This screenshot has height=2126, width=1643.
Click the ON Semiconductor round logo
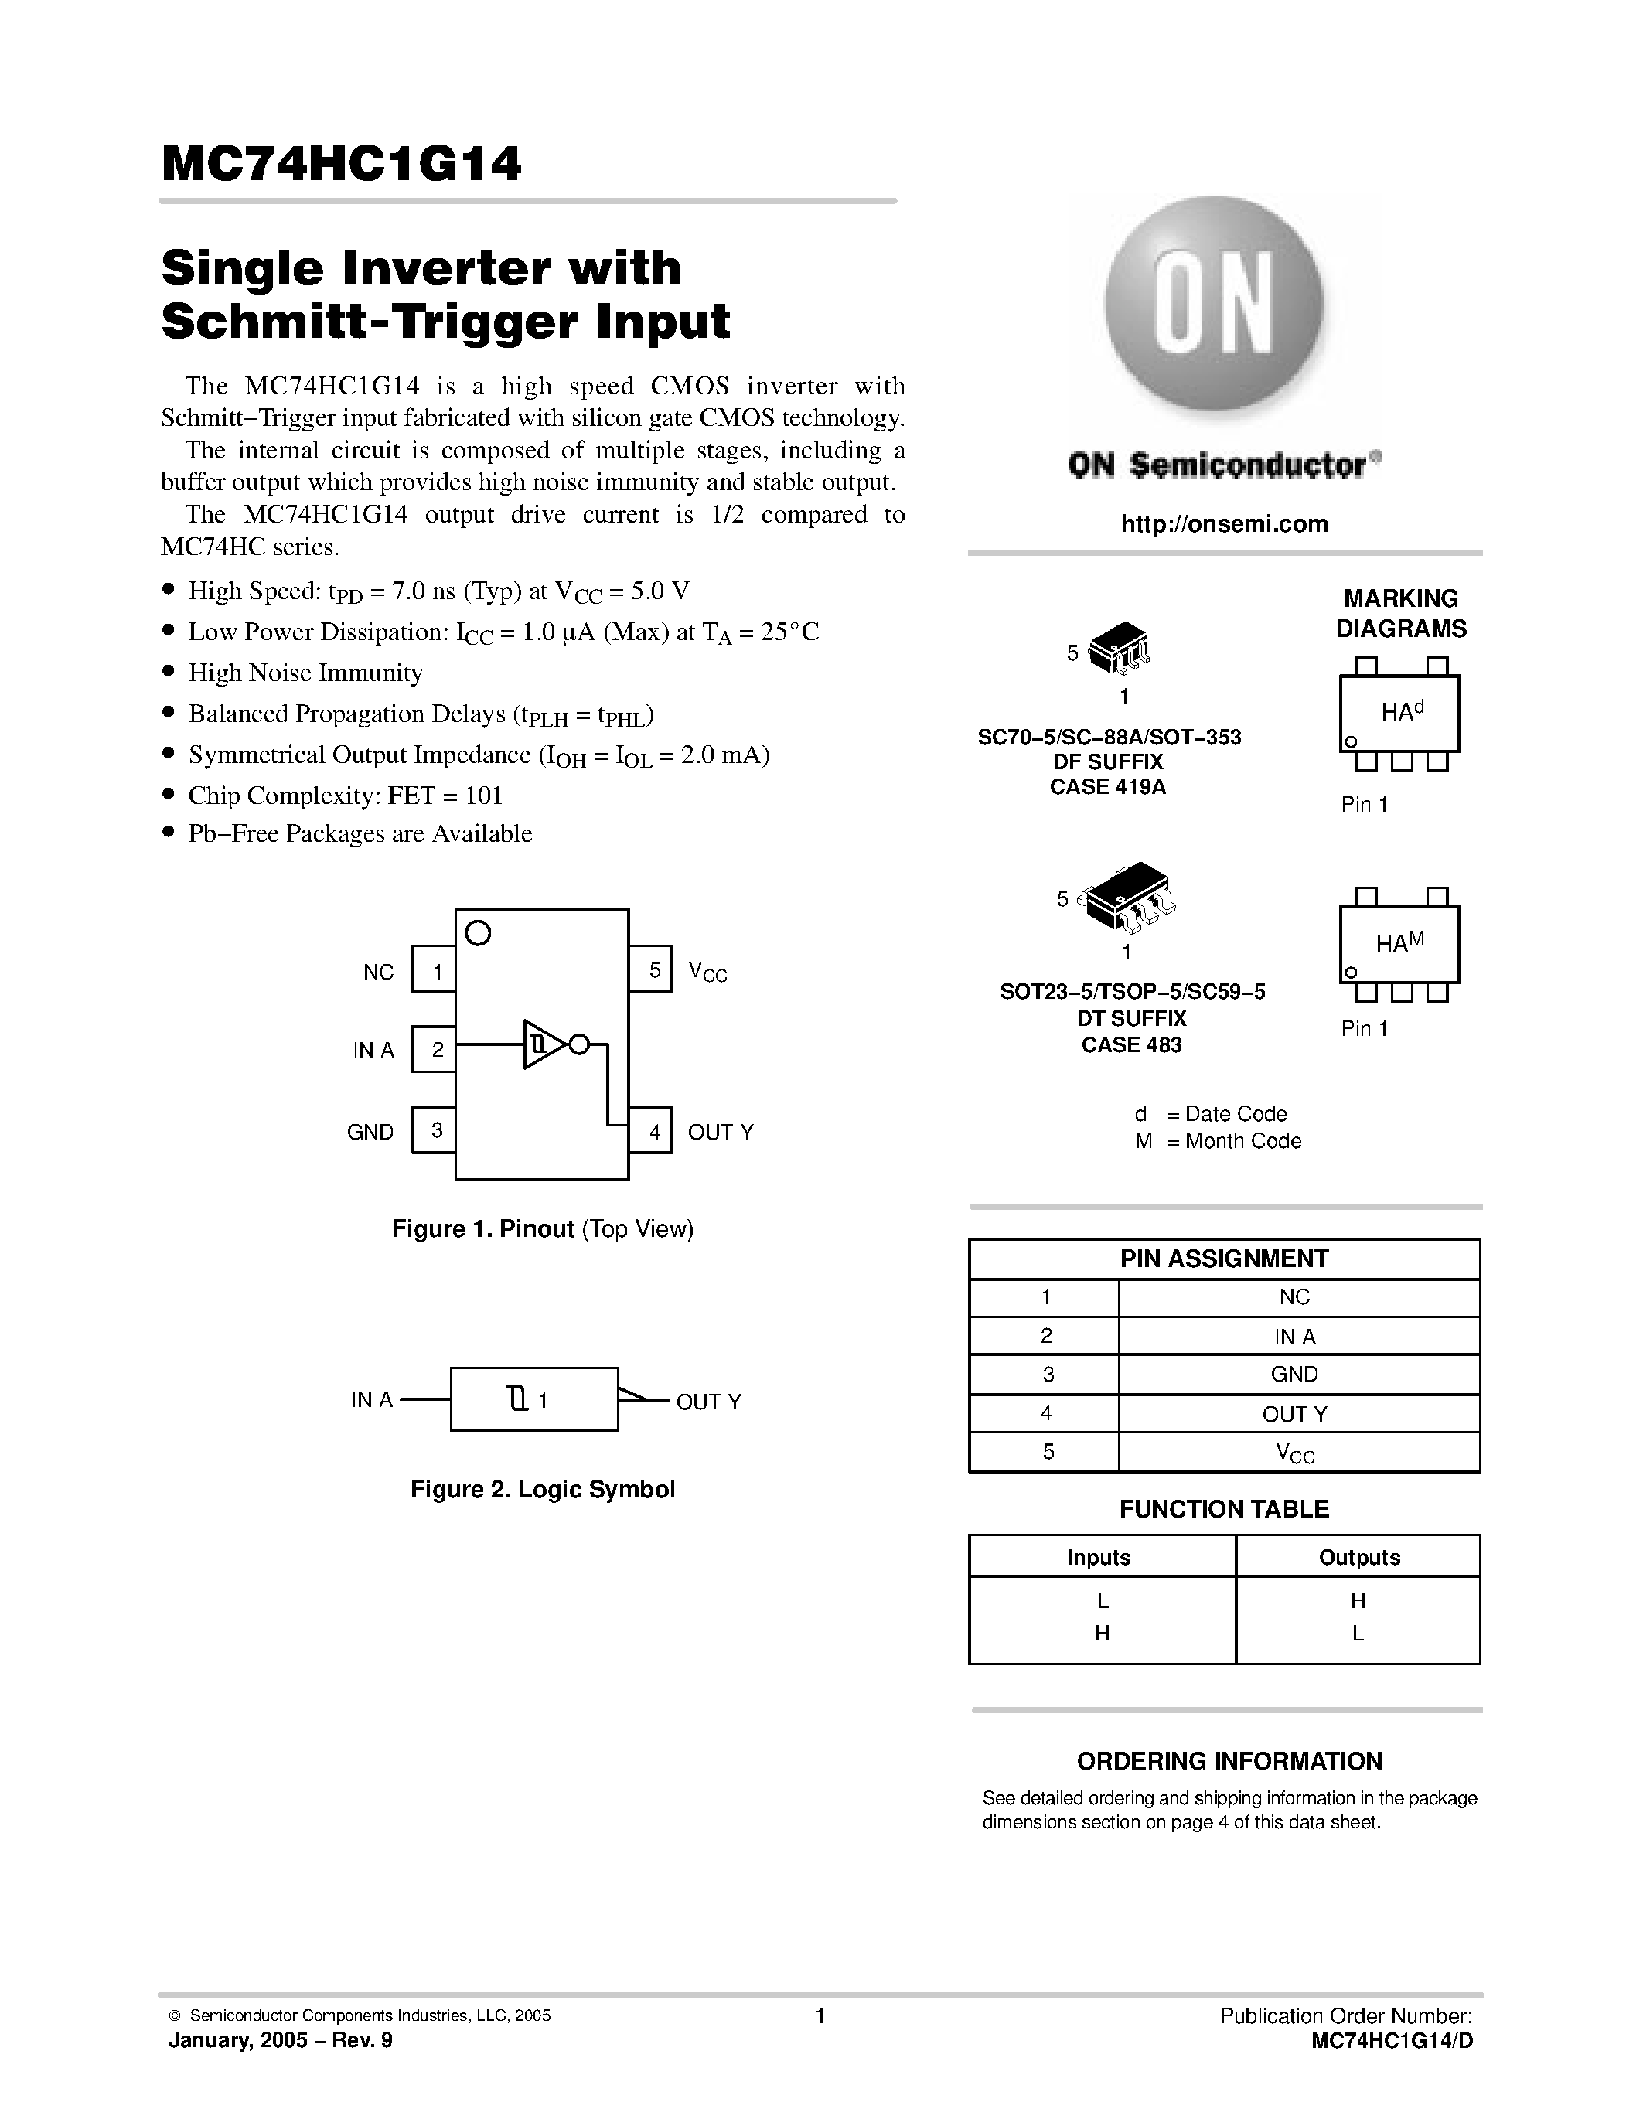click(x=1213, y=305)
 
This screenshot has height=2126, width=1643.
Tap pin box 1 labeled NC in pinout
click(x=434, y=969)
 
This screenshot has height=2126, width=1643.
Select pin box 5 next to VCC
click(x=651, y=969)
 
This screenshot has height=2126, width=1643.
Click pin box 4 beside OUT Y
click(x=651, y=1130)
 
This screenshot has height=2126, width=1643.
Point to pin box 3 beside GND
click(x=434, y=1130)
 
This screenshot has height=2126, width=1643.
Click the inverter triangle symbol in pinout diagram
click(x=543, y=1044)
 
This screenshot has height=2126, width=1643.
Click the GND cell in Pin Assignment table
click(x=1294, y=1375)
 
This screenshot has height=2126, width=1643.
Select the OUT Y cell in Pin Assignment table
click(x=1294, y=1413)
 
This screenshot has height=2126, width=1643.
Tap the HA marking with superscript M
click(x=1399, y=942)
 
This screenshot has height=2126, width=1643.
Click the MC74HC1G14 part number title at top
click(x=342, y=165)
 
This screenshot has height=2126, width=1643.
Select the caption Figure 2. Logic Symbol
click(x=542, y=1490)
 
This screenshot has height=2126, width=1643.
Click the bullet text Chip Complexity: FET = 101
click(x=346, y=796)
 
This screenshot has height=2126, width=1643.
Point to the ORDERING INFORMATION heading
click(x=1229, y=1761)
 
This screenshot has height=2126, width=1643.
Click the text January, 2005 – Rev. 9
click(x=281, y=2040)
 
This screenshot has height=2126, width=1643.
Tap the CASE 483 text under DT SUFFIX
click(x=1131, y=1044)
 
